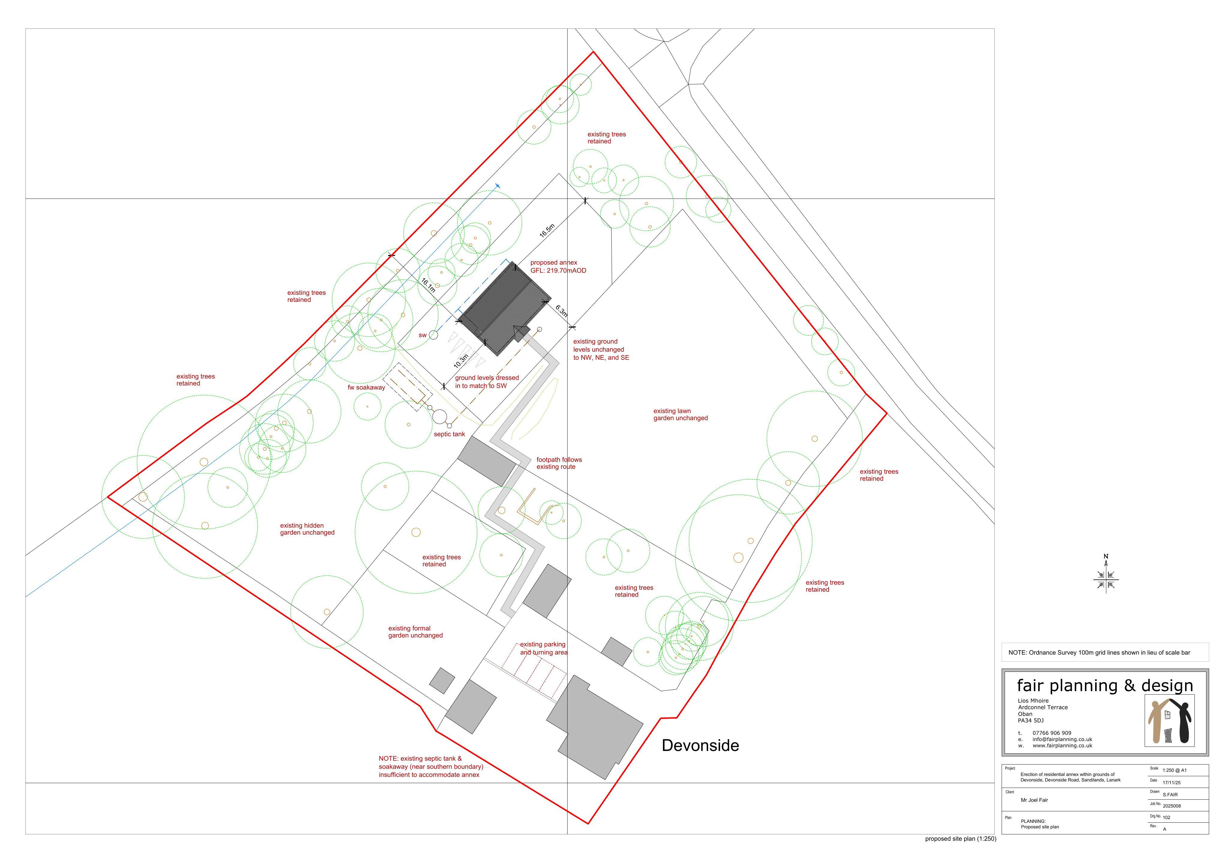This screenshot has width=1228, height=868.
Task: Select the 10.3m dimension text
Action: pos(461,361)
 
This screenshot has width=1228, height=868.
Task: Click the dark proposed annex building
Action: pos(505,309)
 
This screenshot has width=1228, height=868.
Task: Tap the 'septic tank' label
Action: pos(449,434)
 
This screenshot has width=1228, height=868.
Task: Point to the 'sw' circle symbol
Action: pos(433,335)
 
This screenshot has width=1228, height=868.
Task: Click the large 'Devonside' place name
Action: pos(700,745)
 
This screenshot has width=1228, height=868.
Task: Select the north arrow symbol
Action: pos(1106,575)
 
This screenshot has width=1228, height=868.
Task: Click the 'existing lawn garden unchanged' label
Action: pos(680,415)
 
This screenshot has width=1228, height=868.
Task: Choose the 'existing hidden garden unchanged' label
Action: pos(307,529)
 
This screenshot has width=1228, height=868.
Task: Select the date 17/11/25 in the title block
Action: pos(1171,783)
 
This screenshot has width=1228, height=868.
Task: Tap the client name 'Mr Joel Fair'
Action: pos(1034,800)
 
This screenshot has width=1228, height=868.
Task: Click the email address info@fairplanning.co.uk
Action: pos(1062,739)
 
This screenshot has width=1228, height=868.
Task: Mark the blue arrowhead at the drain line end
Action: pos(498,186)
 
